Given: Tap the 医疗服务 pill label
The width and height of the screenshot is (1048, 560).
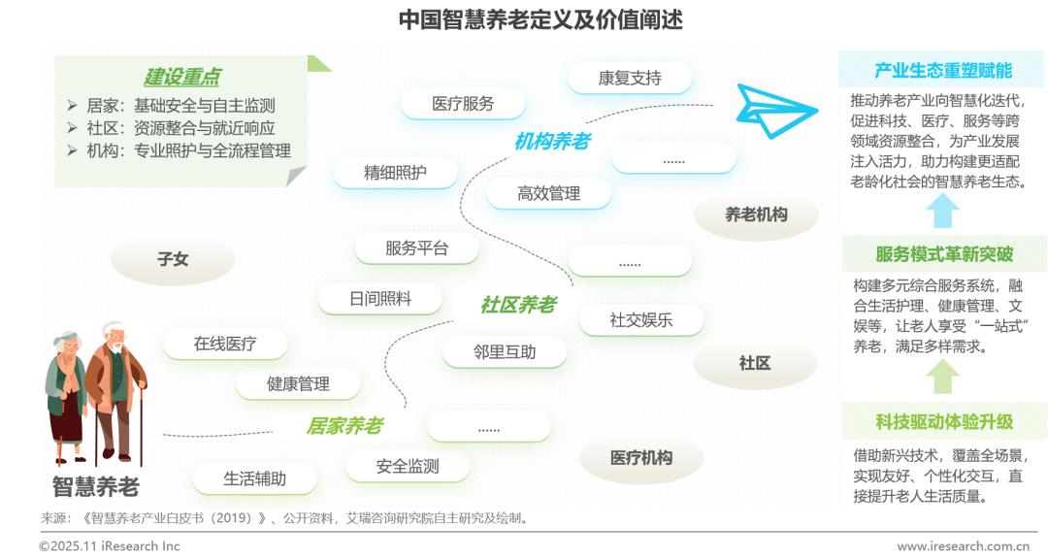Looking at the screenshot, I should (x=462, y=104).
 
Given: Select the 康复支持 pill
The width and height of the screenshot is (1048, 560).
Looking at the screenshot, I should (x=630, y=78).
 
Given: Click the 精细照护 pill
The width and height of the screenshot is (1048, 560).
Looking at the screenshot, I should (x=395, y=173).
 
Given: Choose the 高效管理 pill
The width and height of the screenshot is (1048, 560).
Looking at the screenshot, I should (x=548, y=193).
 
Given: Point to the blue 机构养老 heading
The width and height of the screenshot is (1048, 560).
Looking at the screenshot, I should (x=552, y=142).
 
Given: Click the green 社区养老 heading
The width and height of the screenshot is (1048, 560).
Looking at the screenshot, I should (x=518, y=305).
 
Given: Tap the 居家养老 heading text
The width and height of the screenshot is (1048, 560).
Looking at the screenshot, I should (x=344, y=425).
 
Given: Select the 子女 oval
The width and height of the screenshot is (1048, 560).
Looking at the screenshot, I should (x=173, y=260).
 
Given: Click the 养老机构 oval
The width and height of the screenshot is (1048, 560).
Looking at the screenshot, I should (x=756, y=214).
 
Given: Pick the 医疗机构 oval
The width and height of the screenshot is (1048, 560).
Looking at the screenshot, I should (x=640, y=457).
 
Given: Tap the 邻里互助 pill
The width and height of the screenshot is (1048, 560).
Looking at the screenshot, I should (x=505, y=351).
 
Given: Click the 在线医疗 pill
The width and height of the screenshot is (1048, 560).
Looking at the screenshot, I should (x=225, y=344).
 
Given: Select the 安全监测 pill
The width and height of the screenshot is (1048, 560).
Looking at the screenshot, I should (x=408, y=466).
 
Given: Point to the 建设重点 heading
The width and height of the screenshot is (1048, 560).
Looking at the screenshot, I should (x=181, y=77).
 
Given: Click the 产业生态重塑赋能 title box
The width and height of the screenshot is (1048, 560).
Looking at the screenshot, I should (x=942, y=70).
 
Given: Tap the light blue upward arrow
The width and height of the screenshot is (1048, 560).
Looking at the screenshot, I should (x=942, y=211).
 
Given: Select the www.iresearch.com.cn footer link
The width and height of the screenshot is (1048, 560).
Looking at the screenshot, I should (x=963, y=546).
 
